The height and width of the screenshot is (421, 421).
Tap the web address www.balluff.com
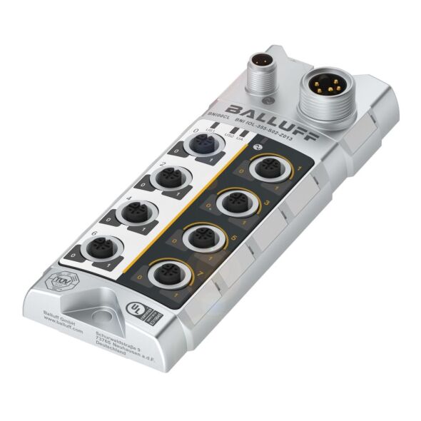66,330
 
